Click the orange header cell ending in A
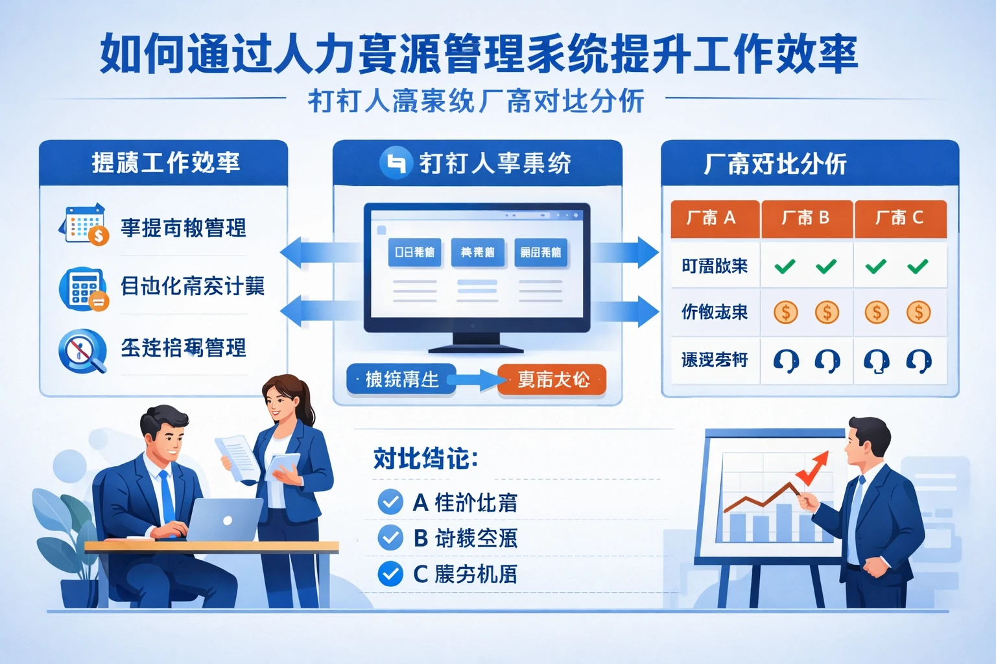[x=714, y=219]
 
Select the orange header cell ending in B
[x=807, y=219]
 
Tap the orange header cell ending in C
[x=900, y=219]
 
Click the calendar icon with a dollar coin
[x=85, y=224]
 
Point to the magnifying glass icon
[x=82, y=351]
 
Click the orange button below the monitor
[x=552, y=379]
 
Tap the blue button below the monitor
[x=401, y=379]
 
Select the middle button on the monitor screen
[x=477, y=252]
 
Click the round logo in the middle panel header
[x=395, y=162]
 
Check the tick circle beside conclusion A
[x=390, y=502]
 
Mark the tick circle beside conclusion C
[x=390, y=574]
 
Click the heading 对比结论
[x=425, y=458]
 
